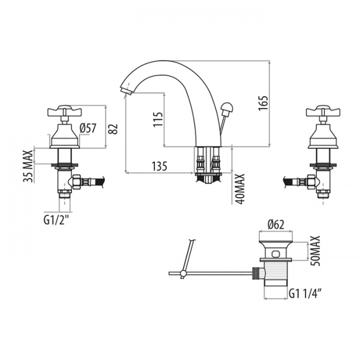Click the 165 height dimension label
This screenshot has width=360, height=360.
coord(263,103)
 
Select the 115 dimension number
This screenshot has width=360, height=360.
coord(158,119)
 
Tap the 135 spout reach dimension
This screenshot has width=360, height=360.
coord(160,166)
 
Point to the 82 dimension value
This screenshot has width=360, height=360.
coord(113,129)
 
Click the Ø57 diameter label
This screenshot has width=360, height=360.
coord(88,128)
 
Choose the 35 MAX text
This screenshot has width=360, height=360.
coord(28,166)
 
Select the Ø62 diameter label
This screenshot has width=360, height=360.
coord(276,224)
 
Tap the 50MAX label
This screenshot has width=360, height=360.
coord(315,251)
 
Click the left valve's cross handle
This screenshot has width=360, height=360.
coord(64,111)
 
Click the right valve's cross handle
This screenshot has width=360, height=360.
coord(323,111)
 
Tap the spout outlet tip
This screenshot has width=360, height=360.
coord(125,90)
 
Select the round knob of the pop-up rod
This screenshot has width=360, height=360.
coord(227,107)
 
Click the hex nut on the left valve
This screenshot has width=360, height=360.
coord(77,182)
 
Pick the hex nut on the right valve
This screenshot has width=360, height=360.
coord(311,182)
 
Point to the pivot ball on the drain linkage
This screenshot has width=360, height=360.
coord(183,273)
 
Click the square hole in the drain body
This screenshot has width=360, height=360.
coord(275,254)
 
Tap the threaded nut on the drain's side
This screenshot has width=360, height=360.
coord(256,273)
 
